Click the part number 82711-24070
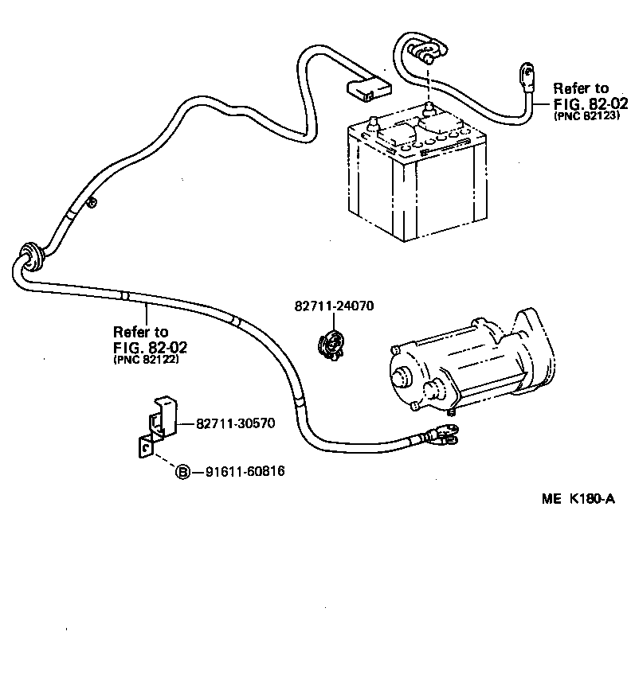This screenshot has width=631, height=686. tap(334, 306)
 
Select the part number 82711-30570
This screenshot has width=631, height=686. tap(235, 423)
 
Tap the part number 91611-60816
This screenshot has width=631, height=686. tap(245, 472)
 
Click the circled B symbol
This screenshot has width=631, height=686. tap(182, 472)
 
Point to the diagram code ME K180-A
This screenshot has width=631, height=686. tap(578, 499)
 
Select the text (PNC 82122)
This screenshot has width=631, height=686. tap(140, 359)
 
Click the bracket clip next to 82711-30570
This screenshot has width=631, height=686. tap(160, 417)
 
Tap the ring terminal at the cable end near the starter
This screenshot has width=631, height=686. tap(442, 434)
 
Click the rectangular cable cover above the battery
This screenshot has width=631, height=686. tap(367, 87)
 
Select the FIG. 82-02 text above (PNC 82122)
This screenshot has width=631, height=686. tap(146, 346)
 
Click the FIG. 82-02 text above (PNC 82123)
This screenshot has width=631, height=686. tap(591, 104)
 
